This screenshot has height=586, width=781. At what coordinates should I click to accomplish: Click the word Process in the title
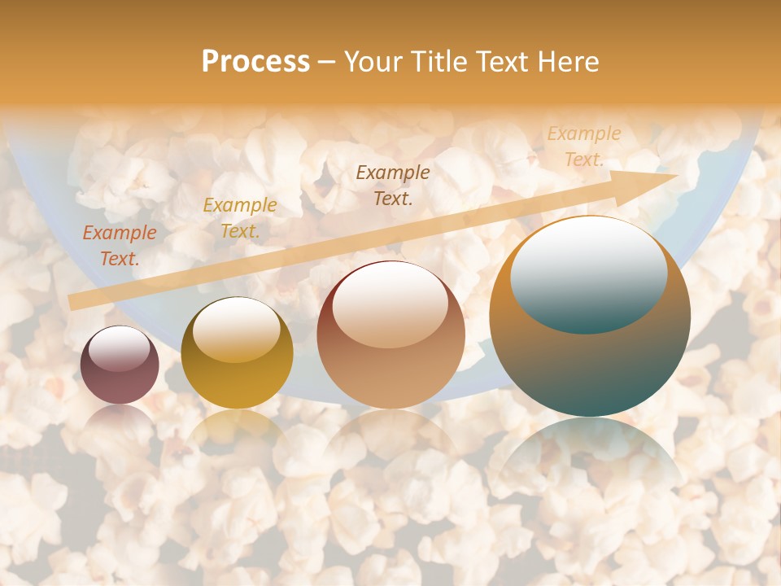pyautogui.click(x=255, y=62)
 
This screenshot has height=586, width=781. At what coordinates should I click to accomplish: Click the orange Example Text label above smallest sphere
pyautogui.click(x=120, y=246)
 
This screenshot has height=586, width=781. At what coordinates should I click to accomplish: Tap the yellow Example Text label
pyautogui.click(x=240, y=218)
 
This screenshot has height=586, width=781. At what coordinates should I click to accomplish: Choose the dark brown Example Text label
pyautogui.click(x=393, y=185)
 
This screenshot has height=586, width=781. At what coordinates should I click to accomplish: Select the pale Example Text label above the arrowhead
pyautogui.click(x=583, y=146)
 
